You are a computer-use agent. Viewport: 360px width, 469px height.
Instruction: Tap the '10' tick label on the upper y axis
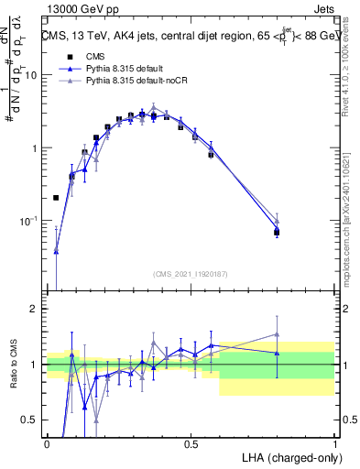[30, 75]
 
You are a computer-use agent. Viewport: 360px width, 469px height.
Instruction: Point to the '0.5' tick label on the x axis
[191, 444]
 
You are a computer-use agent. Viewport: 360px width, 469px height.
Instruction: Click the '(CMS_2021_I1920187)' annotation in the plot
[191, 274]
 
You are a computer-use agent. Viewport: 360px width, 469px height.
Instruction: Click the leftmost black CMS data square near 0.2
[57, 197]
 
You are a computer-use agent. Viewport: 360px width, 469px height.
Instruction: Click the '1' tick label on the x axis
[334, 444]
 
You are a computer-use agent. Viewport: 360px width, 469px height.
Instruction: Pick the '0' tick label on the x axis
[48, 444]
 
